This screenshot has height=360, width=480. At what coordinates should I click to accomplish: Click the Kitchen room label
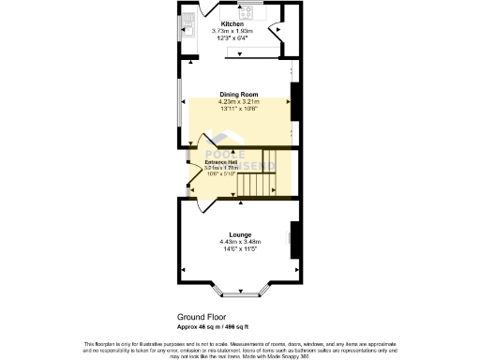233,24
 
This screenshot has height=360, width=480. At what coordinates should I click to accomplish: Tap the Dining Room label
238,95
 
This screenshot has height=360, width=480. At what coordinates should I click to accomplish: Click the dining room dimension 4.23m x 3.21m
238,101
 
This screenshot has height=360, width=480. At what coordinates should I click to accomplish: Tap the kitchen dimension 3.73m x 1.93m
233,32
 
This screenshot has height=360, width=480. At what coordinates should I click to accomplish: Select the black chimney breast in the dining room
295,101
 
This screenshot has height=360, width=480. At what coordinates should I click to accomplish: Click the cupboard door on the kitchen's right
276,33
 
